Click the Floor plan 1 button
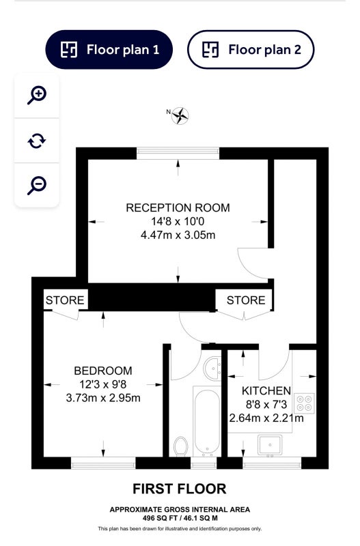[109, 49]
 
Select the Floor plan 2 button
[251, 49]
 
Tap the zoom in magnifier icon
[37, 95]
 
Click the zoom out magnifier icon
[37, 185]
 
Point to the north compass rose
[180, 115]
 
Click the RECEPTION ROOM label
[178, 207]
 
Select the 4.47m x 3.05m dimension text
[178, 235]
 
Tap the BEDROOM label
[103, 371]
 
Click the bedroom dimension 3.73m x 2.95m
[103, 398]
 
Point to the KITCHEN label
[266, 390]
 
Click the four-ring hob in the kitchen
[304, 403]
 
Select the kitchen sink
[269, 445]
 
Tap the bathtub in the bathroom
[207, 421]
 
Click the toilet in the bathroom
[180, 446]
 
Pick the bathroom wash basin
[212, 369]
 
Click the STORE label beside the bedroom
[65, 300]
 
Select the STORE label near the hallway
[246, 300]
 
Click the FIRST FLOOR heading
[180, 489]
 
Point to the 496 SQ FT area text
[161, 518]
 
